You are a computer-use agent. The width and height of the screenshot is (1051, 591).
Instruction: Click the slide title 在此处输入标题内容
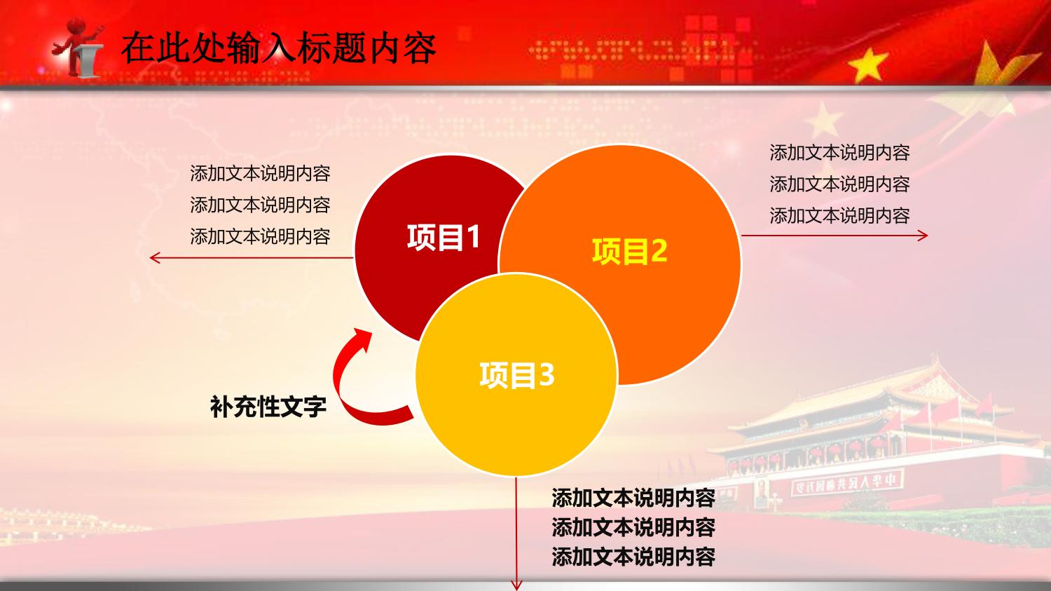click(x=279, y=48)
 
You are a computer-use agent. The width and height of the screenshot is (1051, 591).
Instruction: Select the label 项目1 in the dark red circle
click(x=444, y=236)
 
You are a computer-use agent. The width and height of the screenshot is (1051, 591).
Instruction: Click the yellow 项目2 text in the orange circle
click(x=629, y=251)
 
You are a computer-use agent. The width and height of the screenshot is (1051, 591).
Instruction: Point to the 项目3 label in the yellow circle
click(x=516, y=374)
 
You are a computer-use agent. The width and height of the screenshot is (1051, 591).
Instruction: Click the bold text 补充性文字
click(x=268, y=407)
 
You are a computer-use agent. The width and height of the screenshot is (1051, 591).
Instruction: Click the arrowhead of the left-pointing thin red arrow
click(x=154, y=258)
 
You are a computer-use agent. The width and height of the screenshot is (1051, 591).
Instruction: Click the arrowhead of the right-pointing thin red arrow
click(x=923, y=236)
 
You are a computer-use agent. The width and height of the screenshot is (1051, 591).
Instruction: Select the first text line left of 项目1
click(x=260, y=173)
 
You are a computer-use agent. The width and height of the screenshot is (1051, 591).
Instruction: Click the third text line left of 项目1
click(x=260, y=236)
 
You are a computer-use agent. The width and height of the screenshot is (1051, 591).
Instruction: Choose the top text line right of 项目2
click(x=839, y=153)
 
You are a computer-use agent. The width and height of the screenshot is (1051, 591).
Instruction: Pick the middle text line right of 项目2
click(x=839, y=184)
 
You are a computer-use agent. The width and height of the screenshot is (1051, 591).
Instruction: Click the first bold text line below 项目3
click(x=633, y=498)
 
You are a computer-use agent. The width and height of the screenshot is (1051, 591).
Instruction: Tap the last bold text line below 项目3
click(x=633, y=557)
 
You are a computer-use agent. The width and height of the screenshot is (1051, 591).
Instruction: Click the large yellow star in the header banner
click(x=868, y=64)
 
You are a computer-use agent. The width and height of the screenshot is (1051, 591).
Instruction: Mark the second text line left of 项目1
click(x=260, y=205)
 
